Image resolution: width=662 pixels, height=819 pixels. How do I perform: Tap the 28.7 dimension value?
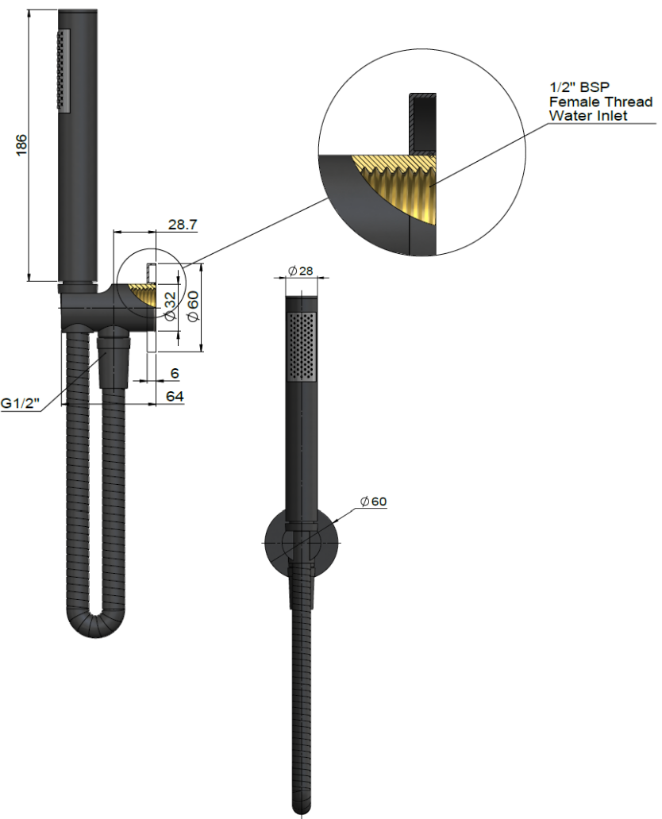pos(182,225)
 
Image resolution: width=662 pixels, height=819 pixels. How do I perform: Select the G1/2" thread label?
pos(20,404)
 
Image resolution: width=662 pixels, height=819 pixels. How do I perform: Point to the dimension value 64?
pos(175,395)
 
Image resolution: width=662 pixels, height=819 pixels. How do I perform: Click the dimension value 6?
pos(175,373)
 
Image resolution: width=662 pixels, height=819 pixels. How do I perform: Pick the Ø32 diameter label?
pos(169,306)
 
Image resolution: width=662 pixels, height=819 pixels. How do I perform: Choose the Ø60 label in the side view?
pos(191,306)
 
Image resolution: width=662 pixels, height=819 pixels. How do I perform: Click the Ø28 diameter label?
pos(301,271)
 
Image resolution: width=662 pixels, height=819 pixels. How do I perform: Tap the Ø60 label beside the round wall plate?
pos(373,502)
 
